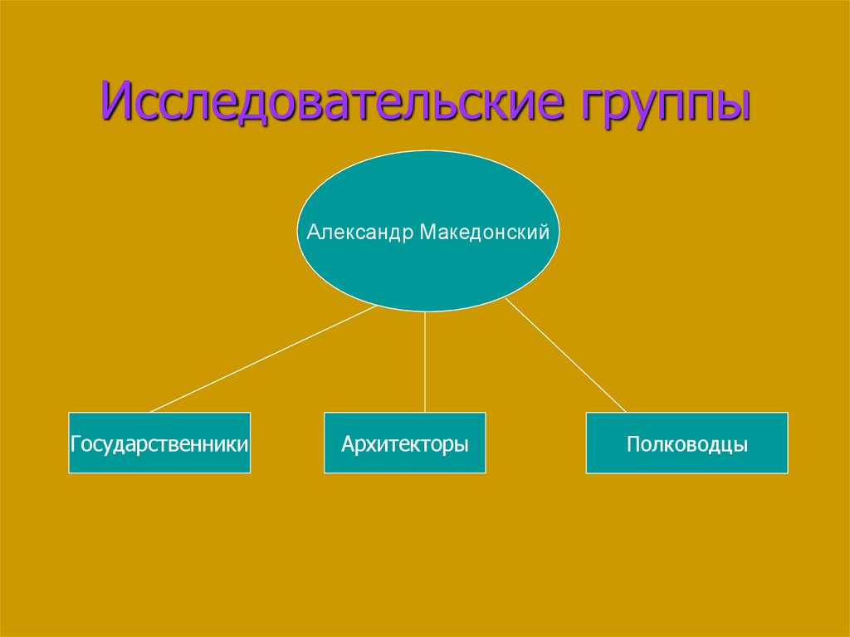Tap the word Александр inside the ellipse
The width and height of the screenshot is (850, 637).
(x=359, y=232)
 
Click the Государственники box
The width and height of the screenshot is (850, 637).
(x=159, y=443)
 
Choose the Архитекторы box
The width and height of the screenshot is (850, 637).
(x=405, y=443)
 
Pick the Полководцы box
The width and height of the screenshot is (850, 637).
(x=687, y=443)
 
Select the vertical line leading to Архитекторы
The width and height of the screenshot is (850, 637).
(x=425, y=362)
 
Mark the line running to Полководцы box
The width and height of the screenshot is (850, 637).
(x=566, y=359)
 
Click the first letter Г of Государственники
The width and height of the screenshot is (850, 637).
(x=76, y=444)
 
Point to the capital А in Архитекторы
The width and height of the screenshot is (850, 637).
(x=347, y=444)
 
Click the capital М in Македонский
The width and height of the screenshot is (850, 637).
(x=426, y=232)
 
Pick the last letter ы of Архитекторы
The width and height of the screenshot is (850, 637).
(x=462, y=446)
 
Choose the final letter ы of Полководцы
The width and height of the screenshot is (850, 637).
(x=741, y=446)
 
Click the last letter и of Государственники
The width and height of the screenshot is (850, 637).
(x=244, y=445)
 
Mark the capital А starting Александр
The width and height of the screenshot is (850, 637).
(x=312, y=232)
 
